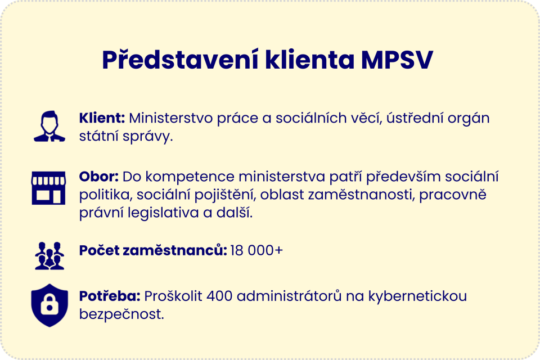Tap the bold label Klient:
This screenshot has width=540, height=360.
(102, 119)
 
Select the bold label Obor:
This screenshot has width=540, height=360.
(98, 177)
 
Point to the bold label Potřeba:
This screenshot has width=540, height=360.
(110, 296)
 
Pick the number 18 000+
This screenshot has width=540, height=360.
(256, 250)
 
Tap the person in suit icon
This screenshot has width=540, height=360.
(49, 126)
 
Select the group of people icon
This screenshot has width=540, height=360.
(49, 256)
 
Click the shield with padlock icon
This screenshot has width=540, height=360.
(49, 305)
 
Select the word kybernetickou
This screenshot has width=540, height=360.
(417, 296)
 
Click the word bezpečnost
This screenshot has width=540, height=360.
(121, 314)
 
